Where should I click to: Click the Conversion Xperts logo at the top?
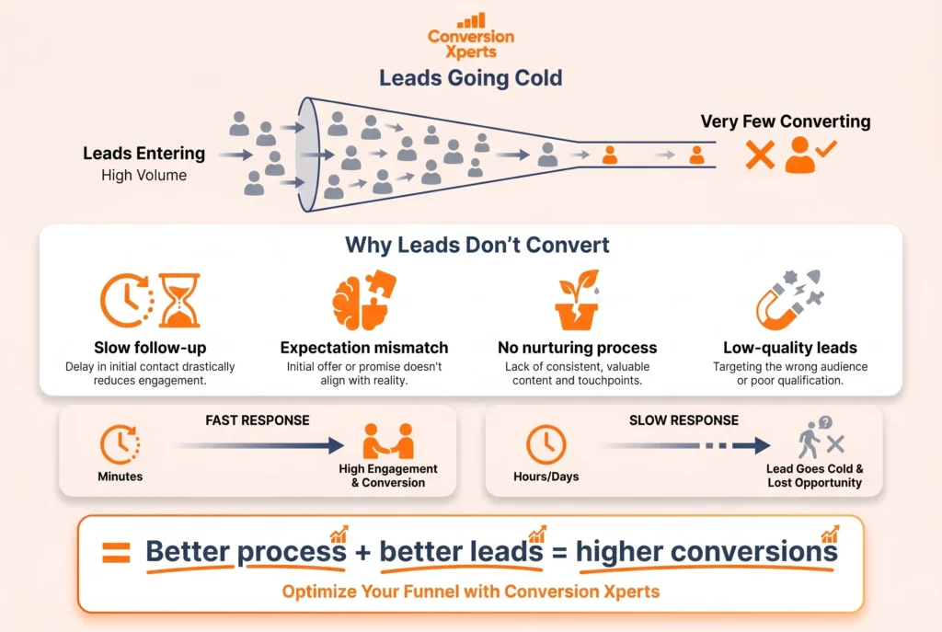tap(471, 36)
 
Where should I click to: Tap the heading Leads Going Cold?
tap(471, 78)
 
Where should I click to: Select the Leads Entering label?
tap(144, 154)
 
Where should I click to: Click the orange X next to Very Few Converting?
tap(760, 155)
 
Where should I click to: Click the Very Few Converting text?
tap(785, 121)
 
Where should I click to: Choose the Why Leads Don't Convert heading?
tap(477, 246)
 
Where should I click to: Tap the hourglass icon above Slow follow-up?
tap(179, 300)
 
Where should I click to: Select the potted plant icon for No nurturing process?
tap(577, 301)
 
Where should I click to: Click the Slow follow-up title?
tap(150, 348)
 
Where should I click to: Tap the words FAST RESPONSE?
tap(257, 420)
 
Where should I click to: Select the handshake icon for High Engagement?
tap(387, 442)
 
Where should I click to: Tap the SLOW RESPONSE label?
tap(684, 420)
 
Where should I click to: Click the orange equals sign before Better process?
tap(116, 553)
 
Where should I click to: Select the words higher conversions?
tap(706, 552)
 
